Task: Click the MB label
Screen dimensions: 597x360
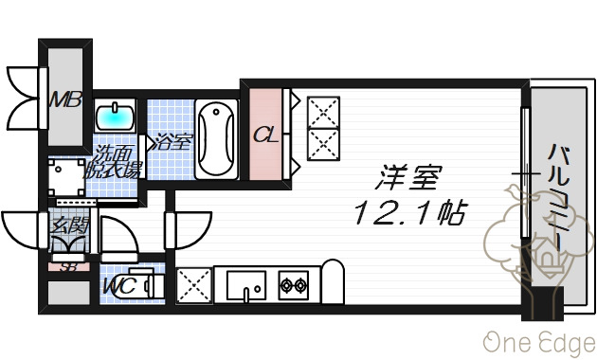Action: (65, 99)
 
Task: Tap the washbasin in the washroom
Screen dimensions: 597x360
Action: (118, 117)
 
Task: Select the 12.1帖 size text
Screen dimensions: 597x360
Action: (409, 213)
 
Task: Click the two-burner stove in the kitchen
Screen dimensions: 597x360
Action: (293, 282)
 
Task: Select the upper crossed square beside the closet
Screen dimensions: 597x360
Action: (322, 111)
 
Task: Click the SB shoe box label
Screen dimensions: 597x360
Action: (68, 266)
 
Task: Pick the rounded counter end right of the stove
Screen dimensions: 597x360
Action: (332, 280)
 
